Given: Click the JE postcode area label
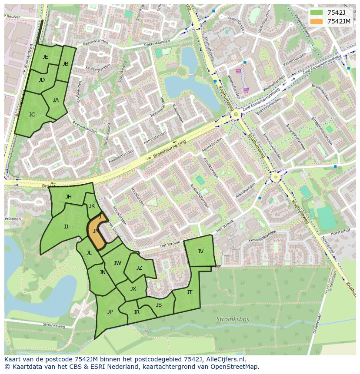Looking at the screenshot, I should [45, 57].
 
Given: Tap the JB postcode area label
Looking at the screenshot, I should [65, 64].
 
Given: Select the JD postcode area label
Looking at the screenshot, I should [42, 80].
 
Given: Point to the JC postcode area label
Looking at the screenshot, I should [32, 115].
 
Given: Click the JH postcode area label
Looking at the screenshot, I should [68, 197].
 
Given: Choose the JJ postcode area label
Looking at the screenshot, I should [66, 226].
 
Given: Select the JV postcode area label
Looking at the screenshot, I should [200, 251].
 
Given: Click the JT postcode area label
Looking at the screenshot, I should [190, 292].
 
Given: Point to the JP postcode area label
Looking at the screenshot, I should [110, 311].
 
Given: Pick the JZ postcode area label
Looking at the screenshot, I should [139, 268].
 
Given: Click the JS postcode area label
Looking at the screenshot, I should [159, 305].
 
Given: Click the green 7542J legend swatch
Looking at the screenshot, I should [317, 13].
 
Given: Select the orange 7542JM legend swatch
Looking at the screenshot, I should [317, 21].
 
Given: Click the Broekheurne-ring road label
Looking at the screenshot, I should [170, 151].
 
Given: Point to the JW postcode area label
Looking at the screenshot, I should [117, 263].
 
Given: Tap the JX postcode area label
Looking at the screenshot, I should [133, 289].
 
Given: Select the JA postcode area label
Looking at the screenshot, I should [56, 100].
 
